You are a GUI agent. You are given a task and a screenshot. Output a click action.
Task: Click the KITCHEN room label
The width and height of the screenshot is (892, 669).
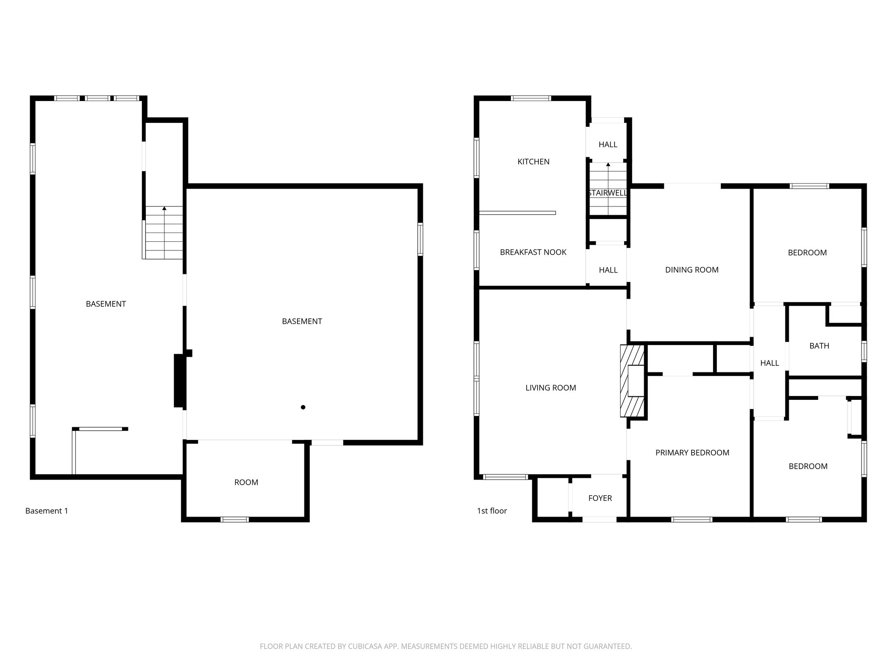pyautogui.click(x=533, y=162)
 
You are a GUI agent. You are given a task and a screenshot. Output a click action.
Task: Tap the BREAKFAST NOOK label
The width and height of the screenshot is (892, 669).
pyautogui.click(x=533, y=252)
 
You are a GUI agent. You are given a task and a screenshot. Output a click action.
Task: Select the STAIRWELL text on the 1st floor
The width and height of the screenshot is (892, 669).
pyautogui.click(x=608, y=193)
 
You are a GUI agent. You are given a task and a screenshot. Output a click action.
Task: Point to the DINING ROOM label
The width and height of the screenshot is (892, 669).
pyautogui.click(x=692, y=270)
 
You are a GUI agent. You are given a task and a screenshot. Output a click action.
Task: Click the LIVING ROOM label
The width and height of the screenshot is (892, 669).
pyautogui.click(x=551, y=388)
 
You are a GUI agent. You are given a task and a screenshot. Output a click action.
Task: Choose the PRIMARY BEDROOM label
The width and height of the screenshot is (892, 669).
pyautogui.click(x=692, y=453)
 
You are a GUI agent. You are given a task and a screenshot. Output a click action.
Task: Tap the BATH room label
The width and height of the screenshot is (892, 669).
pyautogui.click(x=819, y=346)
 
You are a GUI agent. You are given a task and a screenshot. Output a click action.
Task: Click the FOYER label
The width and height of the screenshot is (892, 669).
pyautogui.click(x=600, y=498)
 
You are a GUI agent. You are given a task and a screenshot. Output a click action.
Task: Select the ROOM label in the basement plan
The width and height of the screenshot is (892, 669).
pyautogui.click(x=246, y=482)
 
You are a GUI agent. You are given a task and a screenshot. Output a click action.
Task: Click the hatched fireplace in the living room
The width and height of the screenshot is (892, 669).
pyautogui.click(x=632, y=381)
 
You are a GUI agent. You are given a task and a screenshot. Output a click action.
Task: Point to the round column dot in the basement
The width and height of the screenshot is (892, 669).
pyautogui.click(x=303, y=407)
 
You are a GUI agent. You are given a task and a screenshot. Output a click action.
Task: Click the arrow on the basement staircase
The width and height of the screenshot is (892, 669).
pyautogui.click(x=164, y=209)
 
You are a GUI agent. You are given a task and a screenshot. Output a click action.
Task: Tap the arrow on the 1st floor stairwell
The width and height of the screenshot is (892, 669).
pyautogui.click(x=608, y=165)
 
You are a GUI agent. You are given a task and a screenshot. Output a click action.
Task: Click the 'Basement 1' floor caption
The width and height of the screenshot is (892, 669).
pyautogui.click(x=47, y=511)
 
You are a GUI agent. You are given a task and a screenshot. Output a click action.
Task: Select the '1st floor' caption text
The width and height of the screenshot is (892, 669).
pyautogui.click(x=492, y=511)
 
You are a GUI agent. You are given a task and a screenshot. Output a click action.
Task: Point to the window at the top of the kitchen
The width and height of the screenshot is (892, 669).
pyautogui.click(x=531, y=98)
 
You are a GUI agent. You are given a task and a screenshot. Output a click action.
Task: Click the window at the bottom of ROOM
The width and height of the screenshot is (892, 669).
pyautogui.click(x=234, y=519)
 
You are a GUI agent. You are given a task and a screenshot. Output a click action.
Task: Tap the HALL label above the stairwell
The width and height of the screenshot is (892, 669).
pyautogui.click(x=608, y=145)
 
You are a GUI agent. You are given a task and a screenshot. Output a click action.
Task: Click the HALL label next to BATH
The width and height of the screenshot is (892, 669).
pyautogui.click(x=769, y=363)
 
